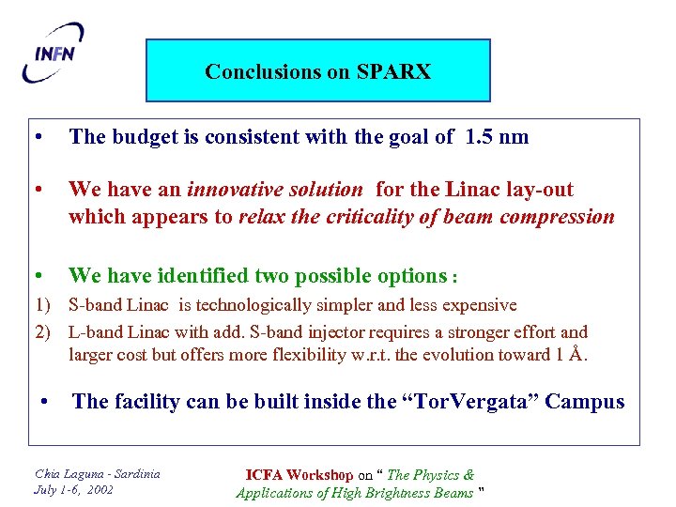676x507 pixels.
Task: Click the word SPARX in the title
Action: click(x=393, y=71)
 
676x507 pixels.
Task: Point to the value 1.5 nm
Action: click(x=497, y=137)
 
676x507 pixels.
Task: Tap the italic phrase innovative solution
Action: click(x=274, y=190)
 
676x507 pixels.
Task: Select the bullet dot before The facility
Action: click(x=45, y=402)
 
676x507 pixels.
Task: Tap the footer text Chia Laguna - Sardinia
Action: click(x=97, y=473)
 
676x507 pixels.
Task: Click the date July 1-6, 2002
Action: click(x=73, y=489)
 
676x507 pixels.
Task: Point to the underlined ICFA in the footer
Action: click(x=266, y=475)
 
